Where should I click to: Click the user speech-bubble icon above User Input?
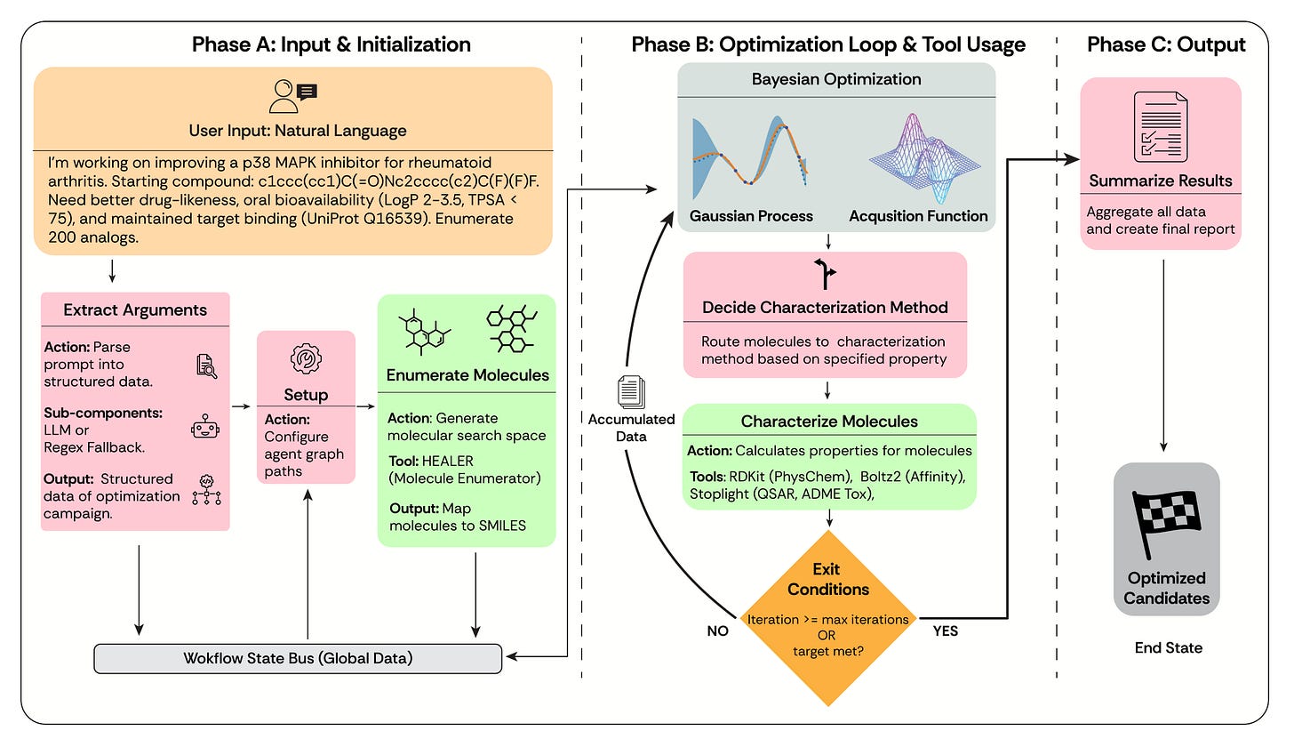click(293, 97)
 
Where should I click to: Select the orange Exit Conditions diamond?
click(827, 617)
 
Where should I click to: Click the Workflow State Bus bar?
click(298, 659)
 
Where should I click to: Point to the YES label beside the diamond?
click(945, 631)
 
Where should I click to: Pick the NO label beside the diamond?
click(717, 631)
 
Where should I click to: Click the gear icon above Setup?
click(306, 358)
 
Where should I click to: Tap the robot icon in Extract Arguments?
click(205, 427)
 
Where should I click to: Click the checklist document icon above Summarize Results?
click(1161, 126)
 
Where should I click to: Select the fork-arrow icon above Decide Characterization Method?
click(825, 274)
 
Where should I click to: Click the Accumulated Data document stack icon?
click(631, 392)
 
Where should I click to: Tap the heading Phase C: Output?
click(1166, 44)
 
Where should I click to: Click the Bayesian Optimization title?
click(836, 79)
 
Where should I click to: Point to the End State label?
click(1168, 647)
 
